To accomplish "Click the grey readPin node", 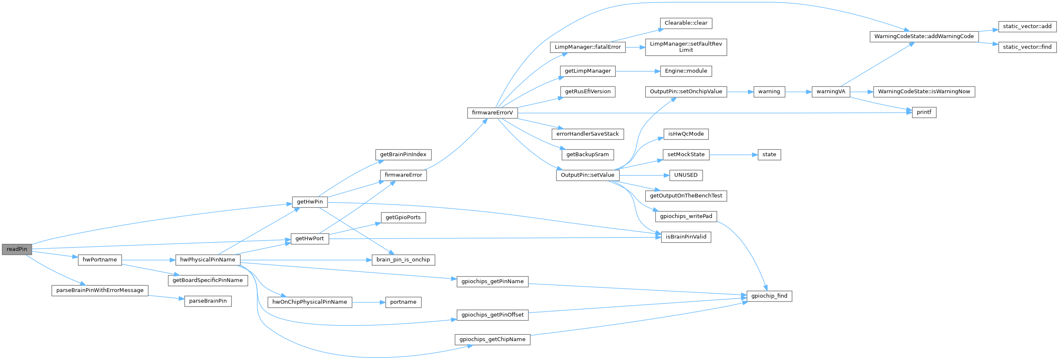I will pos(17,249).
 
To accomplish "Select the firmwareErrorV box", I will pos(492,113).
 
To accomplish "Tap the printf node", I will pos(924,112).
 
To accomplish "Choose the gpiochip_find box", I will pos(769,296).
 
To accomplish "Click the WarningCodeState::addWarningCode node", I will pos(924,36).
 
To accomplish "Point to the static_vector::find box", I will pos(1027,47).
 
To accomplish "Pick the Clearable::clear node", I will pos(686,23).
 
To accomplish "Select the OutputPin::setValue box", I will pos(587,175).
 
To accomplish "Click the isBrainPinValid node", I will pos(686,237).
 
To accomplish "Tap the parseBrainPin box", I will pos(208,301).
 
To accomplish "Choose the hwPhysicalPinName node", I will pos(208,260).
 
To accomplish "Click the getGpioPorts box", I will pos(403,218).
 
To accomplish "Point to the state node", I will pos(769,155).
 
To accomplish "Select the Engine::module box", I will pos(686,71).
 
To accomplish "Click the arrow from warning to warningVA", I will pos(798,92).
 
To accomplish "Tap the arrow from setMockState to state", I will pos(733,155).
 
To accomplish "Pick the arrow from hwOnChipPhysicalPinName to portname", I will pos(368,302).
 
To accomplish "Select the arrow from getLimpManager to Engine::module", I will pos(637,71).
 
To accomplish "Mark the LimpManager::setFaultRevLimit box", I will pos(686,47).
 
